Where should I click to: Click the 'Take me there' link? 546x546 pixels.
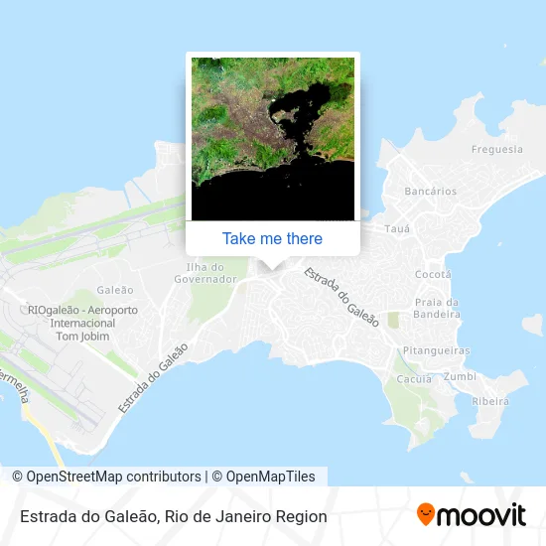pos(272,238)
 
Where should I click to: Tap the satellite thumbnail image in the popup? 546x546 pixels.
pos(272,138)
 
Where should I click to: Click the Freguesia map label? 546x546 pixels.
pos(496,150)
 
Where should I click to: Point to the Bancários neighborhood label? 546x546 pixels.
pos(431,191)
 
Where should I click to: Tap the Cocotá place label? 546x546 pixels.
pos(432,274)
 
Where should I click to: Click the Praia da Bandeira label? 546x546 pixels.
pos(436,308)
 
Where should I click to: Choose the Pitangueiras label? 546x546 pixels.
pos(436,350)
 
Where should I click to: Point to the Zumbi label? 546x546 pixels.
pos(460,377)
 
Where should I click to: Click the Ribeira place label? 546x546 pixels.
pos(490,401)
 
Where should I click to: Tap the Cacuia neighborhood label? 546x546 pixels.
pos(414,379)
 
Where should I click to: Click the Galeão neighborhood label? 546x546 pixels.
pos(116,290)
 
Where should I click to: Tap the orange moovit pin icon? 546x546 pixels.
pos(426,515)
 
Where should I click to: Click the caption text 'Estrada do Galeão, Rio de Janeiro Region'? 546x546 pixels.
pos(172,516)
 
